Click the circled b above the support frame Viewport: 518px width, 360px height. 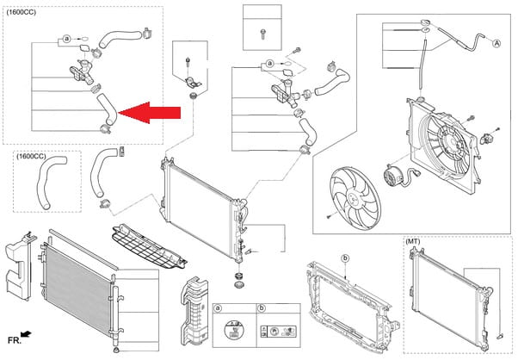345,258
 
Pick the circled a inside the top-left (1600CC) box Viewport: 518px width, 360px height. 66,40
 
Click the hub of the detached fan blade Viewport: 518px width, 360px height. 353,196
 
